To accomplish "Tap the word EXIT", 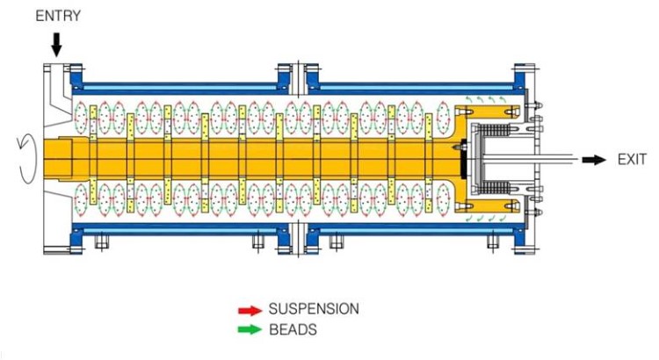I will pyautogui.click(x=632, y=160).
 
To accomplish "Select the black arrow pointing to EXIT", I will pyautogui.click(x=597, y=160).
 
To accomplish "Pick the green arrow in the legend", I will pyautogui.click(x=250, y=331).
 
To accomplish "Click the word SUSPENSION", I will pyautogui.click(x=314, y=310).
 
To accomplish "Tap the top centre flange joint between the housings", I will pyautogui.click(x=299, y=76).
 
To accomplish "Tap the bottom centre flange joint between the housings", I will pyautogui.click(x=299, y=238).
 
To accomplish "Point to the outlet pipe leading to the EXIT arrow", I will pyautogui.click(x=545, y=160).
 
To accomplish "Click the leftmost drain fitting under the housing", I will pyautogui.click(x=100, y=244).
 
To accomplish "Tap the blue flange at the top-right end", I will pyautogui.click(x=525, y=74).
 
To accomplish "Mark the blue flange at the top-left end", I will pyautogui.click(x=76, y=74).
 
